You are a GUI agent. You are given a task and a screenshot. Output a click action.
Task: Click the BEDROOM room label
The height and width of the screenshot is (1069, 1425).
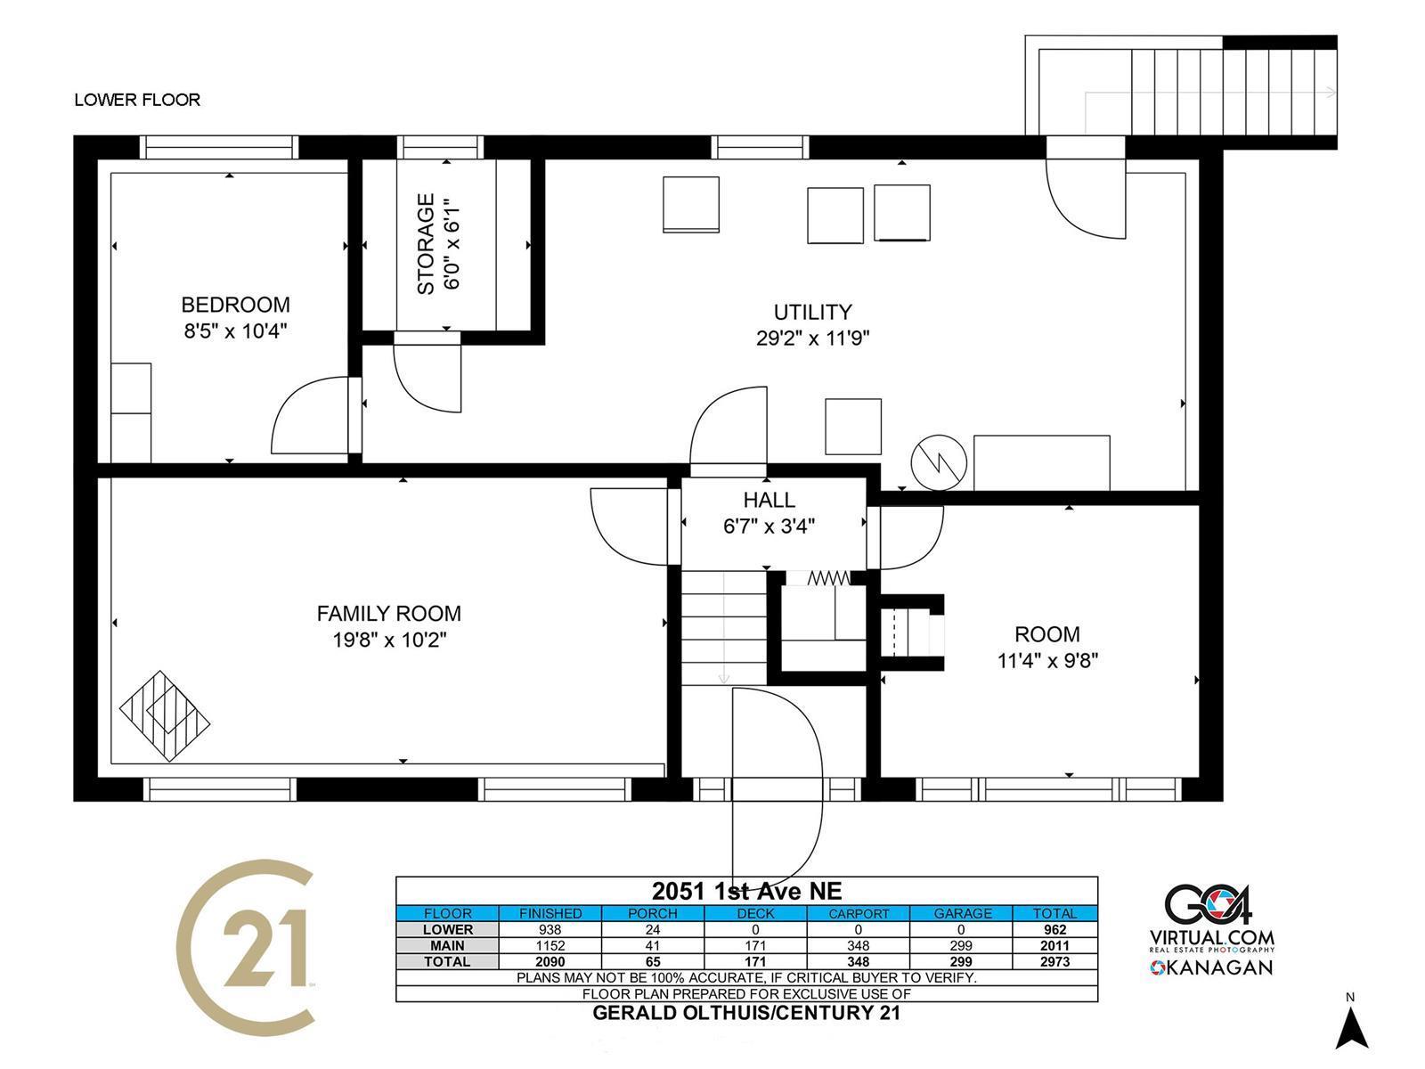pyautogui.click(x=235, y=305)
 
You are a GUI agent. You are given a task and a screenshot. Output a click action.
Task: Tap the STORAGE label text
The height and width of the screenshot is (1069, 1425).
pyautogui.click(x=425, y=244)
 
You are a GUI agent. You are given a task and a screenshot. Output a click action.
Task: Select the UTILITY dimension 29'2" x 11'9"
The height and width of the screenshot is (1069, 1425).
pyautogui.click(x=812, y=339)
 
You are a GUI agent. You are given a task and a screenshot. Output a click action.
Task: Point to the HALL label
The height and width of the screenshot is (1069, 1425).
pyautogui.click(x=769, y=500)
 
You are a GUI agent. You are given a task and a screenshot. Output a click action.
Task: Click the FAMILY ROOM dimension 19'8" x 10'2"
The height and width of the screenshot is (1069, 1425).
pyautogui.click(x=389, y=640)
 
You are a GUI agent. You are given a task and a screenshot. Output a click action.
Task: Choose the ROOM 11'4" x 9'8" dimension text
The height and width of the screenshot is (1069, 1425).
pyautogui.click(x=1047, y=661)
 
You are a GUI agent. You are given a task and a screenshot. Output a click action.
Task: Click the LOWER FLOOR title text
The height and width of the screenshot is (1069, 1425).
pyautogui.click(x=137, y=100)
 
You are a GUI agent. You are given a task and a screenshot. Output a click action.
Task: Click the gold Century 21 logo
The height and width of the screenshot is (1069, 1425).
pyautogui.click(x=246, y=948)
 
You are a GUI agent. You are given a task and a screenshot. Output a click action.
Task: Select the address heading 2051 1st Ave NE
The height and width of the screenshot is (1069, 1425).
pyautogui.click(x=746, y=891)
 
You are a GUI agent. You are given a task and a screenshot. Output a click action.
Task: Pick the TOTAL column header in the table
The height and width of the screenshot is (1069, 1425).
pyautogui.click(x=1055, y=913)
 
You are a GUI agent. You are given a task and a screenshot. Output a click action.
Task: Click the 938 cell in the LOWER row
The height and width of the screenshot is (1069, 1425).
pyautogui.click(x=550, y=929)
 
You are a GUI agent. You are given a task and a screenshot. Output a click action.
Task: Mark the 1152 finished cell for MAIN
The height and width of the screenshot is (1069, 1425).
pyautogui.click(x=550, y=946)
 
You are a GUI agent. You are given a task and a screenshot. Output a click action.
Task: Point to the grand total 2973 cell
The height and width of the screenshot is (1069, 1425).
pyautogui.click(x=1055, y=962)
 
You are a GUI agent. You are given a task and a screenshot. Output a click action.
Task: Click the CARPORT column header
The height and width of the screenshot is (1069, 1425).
pyautogui.click(x=859, y=913)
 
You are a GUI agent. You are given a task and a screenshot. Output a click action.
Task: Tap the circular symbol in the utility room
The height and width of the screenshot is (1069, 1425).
pyautogui.click(x=939, y=462)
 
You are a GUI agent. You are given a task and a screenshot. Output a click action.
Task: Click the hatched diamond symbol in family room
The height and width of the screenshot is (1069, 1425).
pyautogui.click(x=165, y=716)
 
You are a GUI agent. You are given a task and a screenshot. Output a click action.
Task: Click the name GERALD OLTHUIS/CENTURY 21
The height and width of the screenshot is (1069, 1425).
pyautogui.click(x=746, y=1013)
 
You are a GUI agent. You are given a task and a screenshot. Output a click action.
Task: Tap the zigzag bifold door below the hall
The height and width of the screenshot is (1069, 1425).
pyautogui.click(x=828, y=577)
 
